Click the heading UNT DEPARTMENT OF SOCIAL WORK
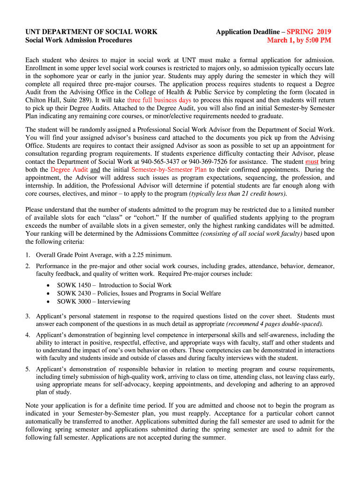(x=91, y=32)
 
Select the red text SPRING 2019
(x=309, y=32)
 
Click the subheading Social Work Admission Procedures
(x=79, y=40)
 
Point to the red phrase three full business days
(x=159, y=100)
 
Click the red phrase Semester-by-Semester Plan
(x=169, y=169)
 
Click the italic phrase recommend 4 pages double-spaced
(x=274, y=324)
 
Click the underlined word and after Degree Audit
(x=95, y=169)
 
